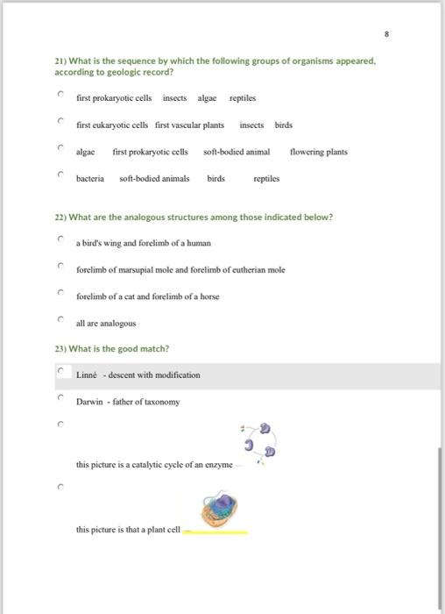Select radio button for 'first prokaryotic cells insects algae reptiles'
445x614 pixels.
click(61, 95)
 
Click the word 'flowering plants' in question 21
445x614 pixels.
click(318, 152)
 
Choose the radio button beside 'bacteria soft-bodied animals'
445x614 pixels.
click(61, 176)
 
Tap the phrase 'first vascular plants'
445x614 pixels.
click(189, 125)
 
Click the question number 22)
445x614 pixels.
click(62, 217)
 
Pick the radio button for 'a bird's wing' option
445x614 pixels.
click(61, 239)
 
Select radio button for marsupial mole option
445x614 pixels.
click(61, 267)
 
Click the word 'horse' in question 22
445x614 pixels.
click(209, 296)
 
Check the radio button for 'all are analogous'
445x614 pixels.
click(61, 321)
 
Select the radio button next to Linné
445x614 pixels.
click(61, 373)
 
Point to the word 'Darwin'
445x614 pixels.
click(89, 402)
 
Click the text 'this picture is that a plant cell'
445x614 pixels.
click(128, 530)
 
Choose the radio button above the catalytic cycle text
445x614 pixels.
click(61, 426)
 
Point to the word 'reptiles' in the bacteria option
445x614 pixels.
click(266, 178)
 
